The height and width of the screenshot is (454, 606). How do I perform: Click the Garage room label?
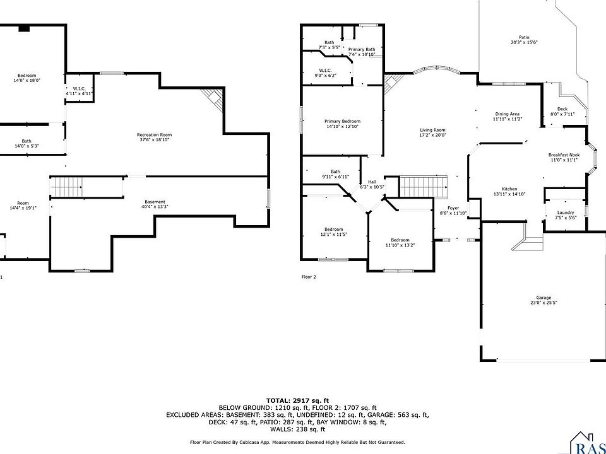point(544,300)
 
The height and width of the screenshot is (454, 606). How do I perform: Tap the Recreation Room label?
point(155,137)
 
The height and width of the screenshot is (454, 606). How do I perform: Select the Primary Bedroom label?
point(342,124)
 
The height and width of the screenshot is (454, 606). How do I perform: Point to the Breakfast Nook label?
point(564,157)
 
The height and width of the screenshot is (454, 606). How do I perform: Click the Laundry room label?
point(565,214)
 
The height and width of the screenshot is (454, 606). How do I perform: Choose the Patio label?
point(524,40)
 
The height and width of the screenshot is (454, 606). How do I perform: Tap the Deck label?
point(562,112)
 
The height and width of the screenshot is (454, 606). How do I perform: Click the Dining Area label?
point(507,116)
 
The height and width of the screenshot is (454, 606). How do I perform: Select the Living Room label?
point(433,132)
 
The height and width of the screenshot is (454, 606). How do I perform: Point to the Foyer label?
point(453,211)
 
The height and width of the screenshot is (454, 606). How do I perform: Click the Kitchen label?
point(509,192)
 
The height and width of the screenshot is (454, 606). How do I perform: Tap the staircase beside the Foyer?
point(423,187)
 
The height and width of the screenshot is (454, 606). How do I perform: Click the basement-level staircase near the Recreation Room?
point(66,187)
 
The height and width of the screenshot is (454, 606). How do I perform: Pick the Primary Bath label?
point(362,52)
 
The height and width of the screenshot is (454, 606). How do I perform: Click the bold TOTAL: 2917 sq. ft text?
point(298,400)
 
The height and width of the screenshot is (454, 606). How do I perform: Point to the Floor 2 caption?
point(309,277)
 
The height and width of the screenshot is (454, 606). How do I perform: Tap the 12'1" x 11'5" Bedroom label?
point(334,231)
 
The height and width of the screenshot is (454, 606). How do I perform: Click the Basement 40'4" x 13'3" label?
point(155,204)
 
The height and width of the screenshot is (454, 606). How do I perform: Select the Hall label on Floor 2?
point(372,184)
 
